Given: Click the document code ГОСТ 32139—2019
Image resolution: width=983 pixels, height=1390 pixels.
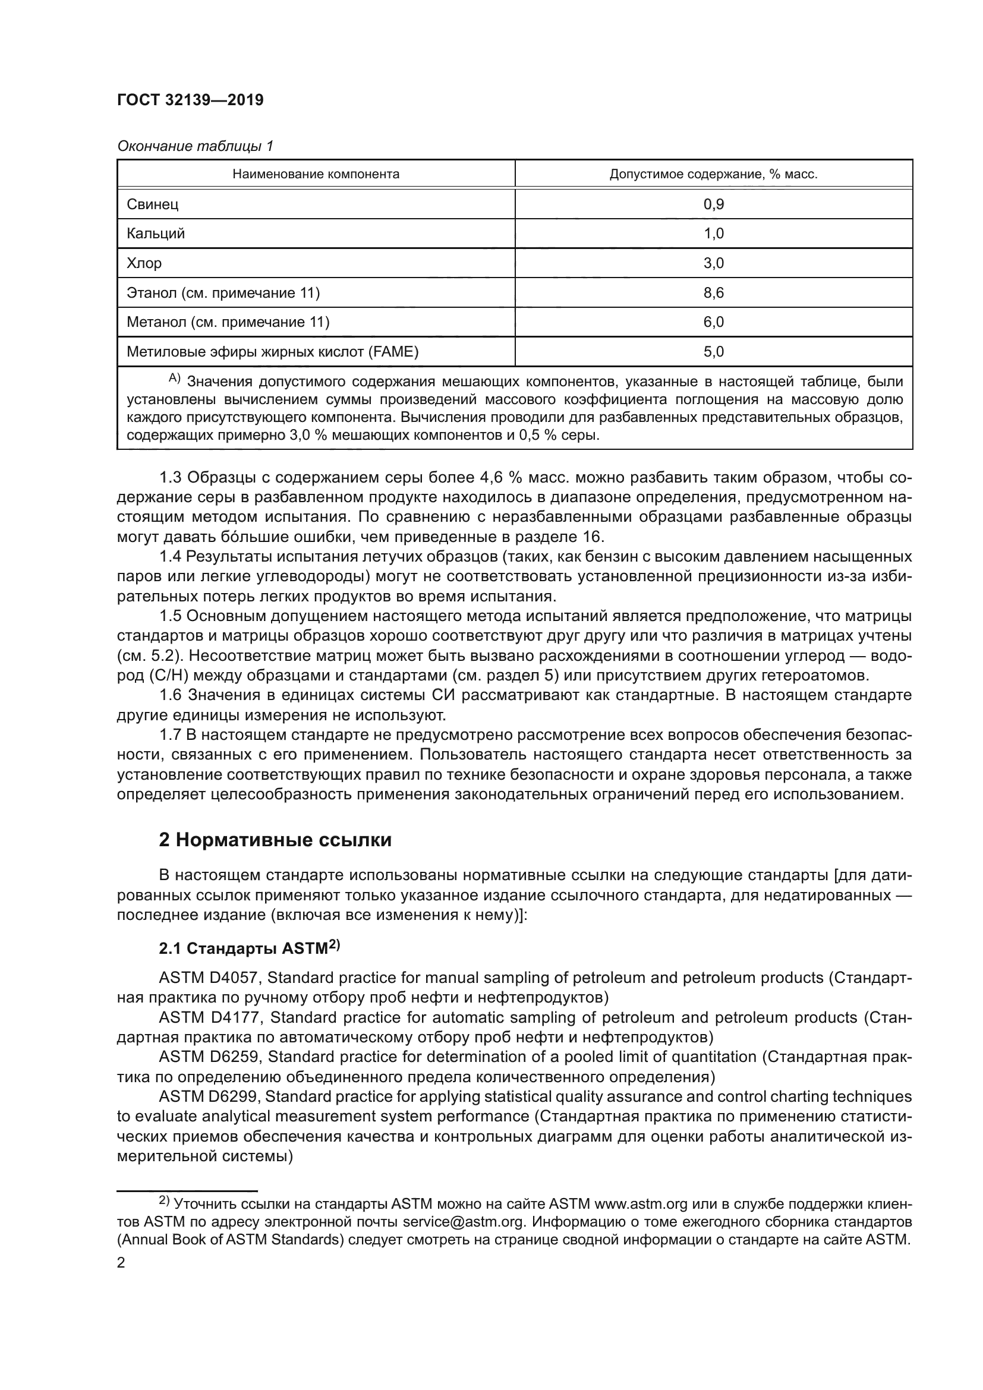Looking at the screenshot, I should (x=190, y=100).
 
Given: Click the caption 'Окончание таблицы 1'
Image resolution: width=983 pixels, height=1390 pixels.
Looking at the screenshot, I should (x=195, y=146).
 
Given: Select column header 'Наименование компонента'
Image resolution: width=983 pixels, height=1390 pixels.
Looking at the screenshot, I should (x=316, y=174).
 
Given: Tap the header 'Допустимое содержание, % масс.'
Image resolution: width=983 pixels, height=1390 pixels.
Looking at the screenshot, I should (x=713, y=174).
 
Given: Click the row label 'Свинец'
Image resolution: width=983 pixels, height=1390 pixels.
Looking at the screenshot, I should (x=153, y=204).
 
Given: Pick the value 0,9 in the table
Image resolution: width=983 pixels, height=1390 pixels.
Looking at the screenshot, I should (x=714, y=204).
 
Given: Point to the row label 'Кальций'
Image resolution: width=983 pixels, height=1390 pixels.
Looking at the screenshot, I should (x=156, y=234).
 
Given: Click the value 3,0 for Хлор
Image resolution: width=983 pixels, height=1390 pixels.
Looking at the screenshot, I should (x=714, y=263).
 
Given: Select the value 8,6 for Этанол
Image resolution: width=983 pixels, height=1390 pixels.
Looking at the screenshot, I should (x=714, y=293).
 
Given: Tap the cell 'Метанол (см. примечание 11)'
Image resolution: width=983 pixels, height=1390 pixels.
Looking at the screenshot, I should (x=228, y=322).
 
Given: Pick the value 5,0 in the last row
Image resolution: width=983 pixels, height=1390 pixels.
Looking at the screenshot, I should (x=714, y=352).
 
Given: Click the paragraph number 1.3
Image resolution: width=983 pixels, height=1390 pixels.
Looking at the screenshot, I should (x=170, y=478).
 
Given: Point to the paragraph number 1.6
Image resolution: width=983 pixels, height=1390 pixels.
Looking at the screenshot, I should (x=170, y=695).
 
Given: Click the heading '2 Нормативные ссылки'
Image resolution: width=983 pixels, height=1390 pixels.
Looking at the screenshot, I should (x=275, y=840).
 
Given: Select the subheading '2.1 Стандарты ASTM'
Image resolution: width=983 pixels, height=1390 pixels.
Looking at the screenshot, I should (x=248, y=948).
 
